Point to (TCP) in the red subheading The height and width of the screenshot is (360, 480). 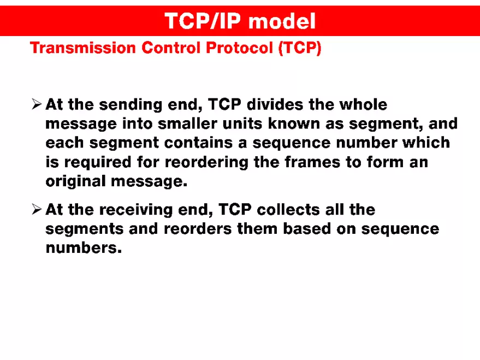[300, 48]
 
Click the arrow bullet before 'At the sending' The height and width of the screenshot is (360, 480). [37, 104]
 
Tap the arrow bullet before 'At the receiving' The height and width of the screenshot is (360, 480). [37, 209]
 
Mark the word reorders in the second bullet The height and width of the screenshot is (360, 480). [197, 229]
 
